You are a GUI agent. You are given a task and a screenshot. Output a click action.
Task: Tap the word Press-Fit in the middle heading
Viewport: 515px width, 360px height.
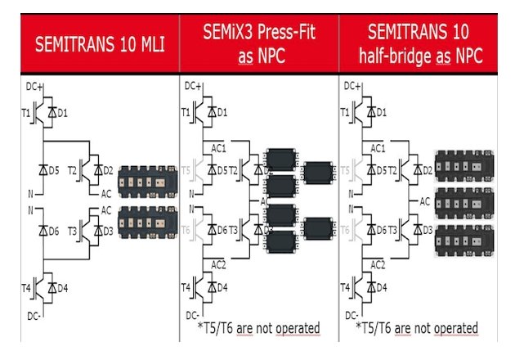[x=281, y=34]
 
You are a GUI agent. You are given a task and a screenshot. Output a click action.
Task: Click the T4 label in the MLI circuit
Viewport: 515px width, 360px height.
[x=27, y=288]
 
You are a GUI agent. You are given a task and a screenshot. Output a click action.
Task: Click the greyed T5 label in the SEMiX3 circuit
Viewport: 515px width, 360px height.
[x=186, y=170]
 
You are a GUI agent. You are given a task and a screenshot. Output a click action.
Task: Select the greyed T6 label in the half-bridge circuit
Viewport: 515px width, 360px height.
[x=347, y=231]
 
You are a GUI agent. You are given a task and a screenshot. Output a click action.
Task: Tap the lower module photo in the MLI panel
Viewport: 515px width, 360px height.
[x=145, y=223]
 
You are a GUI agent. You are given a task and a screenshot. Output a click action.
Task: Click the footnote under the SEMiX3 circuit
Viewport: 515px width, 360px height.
[x=253, y=329]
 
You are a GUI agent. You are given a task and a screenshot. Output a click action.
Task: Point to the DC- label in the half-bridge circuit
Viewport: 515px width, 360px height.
[x=352, y=314]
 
